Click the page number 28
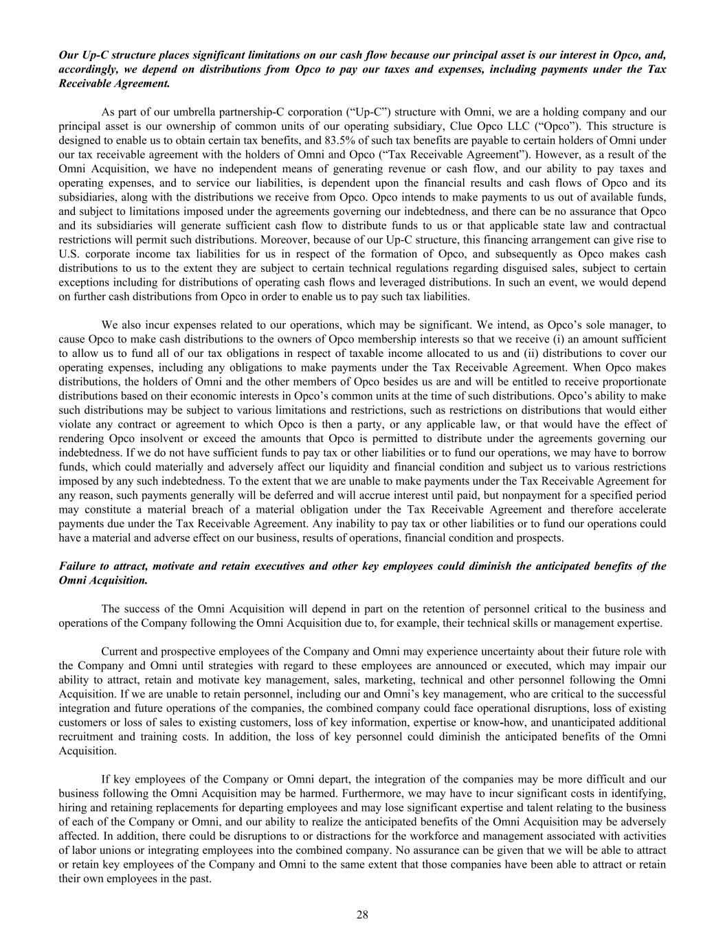[363, 914]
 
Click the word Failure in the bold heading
[76, 566]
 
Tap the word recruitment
[85, 737]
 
